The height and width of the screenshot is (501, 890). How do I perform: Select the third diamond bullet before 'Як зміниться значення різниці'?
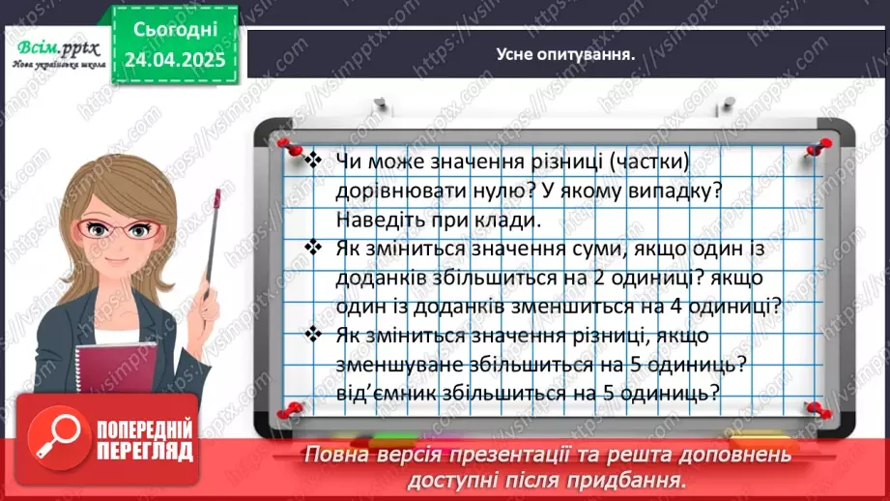tap(312, 336)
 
